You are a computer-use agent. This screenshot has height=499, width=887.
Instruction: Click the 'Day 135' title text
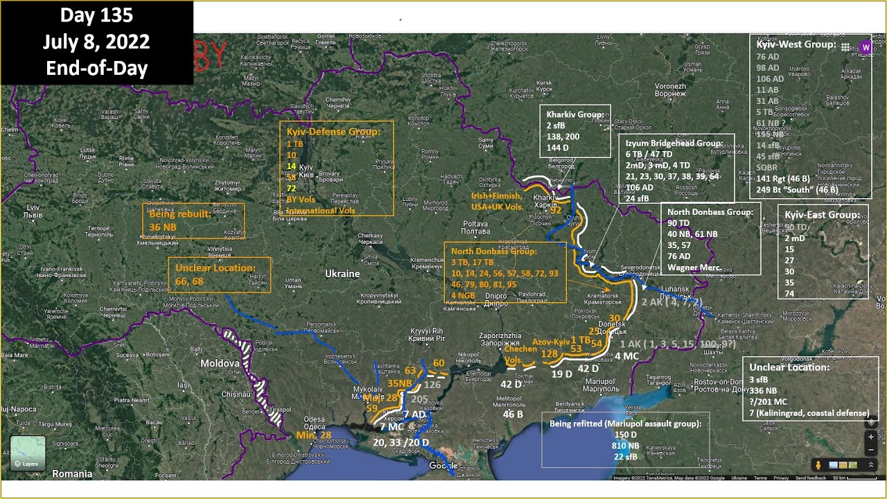click(x=96, y=15)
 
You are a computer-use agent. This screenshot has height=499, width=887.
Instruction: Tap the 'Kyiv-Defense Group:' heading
click(x=333, y=132)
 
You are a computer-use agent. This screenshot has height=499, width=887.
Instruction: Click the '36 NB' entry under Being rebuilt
click(x=164, y=227)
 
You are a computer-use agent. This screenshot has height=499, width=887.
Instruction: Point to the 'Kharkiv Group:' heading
click(x=574, y=114)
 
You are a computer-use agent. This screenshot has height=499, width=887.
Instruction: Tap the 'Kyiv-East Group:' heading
click(x=822, y=215)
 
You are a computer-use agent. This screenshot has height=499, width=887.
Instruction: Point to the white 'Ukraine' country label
click(x=342, y=274)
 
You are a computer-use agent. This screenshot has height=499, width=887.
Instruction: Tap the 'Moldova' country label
click(x=219, y=363)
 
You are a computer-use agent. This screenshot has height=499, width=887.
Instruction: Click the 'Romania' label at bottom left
click(x=72, y=474)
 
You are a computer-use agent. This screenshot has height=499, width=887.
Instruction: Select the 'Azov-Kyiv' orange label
click(x=551, y=342)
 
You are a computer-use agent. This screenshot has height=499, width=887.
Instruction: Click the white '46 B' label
click(x=513, y=414)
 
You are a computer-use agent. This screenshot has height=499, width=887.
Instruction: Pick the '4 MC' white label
click(x=626, y=356)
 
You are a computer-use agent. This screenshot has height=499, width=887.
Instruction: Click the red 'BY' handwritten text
click(x=210, y=56)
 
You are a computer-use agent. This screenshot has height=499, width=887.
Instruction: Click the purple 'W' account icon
click(x=866, y=47)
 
